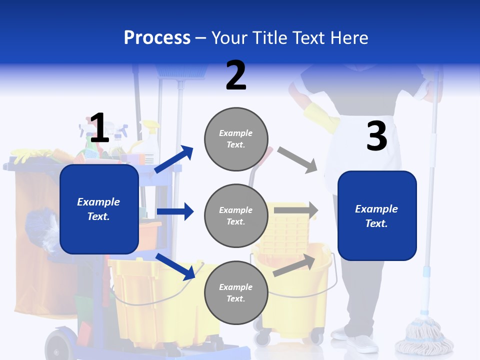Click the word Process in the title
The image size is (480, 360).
tap(157, 38)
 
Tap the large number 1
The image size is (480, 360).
tap(99, 128)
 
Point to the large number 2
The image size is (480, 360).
tap(236, 75)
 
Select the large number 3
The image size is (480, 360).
tap(377, 136)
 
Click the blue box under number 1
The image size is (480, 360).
tap(99, 209)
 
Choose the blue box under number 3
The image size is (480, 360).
tap(377, 215)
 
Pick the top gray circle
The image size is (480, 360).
tap(236, 138)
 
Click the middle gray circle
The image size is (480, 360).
tap(236, 215)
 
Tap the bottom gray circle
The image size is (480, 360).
tap(236, 292)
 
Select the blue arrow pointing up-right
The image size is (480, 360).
tap(174, 159)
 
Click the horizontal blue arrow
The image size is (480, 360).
tap(175, 211)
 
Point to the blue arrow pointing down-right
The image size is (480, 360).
tap(175, 266)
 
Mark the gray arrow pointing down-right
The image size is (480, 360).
tap(297, 159)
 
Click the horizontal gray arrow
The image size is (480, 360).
tap(295, 210)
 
